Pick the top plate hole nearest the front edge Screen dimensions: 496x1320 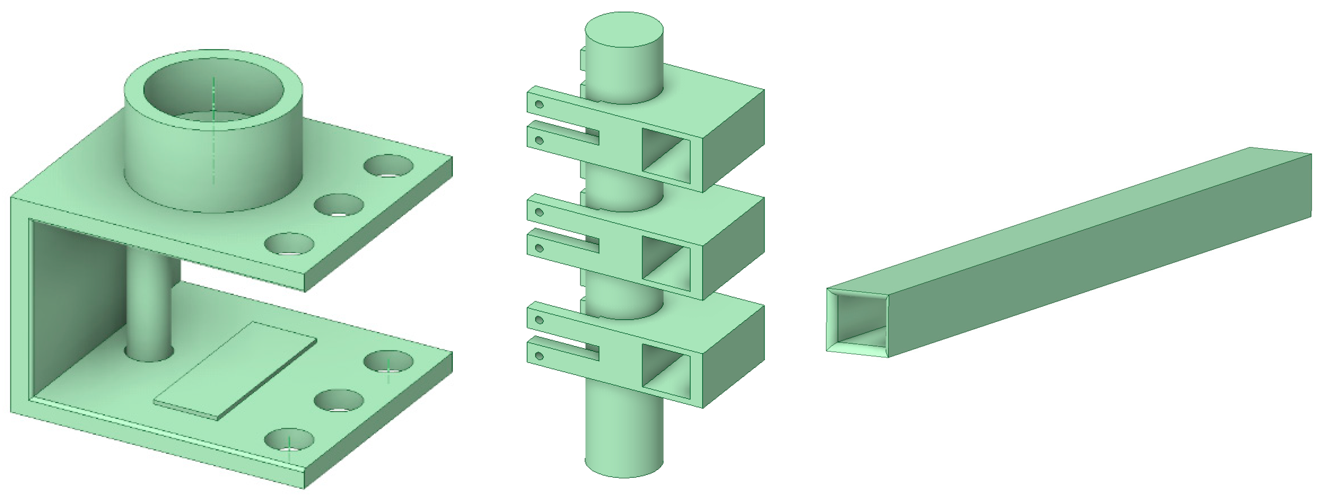pos(289,244)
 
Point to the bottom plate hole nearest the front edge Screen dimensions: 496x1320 pos(289,441)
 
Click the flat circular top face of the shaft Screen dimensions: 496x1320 pos(624,30)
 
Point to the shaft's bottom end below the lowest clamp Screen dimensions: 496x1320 pos(624,440)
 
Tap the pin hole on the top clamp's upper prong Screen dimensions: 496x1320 pos(539,104)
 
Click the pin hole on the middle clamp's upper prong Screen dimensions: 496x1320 pos(539,212)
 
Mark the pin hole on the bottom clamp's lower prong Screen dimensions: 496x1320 pos(539,356)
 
